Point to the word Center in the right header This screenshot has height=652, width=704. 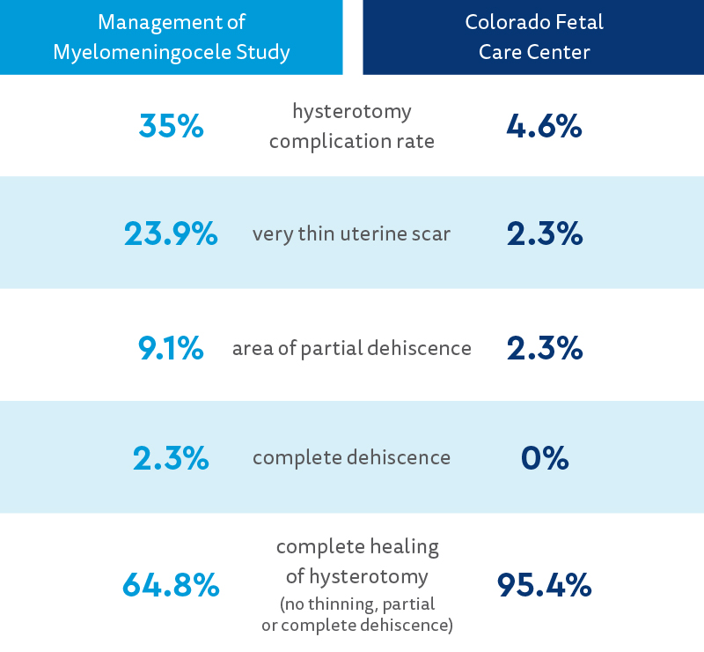pyautogui.click(x=560, y=52)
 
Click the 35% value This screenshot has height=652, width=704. pyautogui.click(x=171, y=127)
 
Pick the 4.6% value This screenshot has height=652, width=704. pyautogui.click(x=544, y=127)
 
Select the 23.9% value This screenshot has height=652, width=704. pyautogui.click(x=171, y=233)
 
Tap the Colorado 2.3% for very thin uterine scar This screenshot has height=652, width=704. pyautogui.click(x=544, y=233)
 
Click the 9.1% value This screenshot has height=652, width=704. pyautogui.click(x=171, y=348)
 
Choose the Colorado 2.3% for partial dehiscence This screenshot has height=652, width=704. pyautogui.click(x=544, y=348)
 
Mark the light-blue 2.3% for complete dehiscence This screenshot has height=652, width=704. pyautogui.click(x=171, y=458)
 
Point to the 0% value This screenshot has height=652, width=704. pyautogui.click(x=544, y=458)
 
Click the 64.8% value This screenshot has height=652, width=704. pyautogui.click(x=171, y=584)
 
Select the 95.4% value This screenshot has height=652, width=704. pyautogui.click(x=544, y=584)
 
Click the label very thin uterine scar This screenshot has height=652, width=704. pyautogui.click(x=351, y=234)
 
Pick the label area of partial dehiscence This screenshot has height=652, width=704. pyautogui.click(x=351, y=349)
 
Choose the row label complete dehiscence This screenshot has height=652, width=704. pyautogui.click(x=351, y=458)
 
